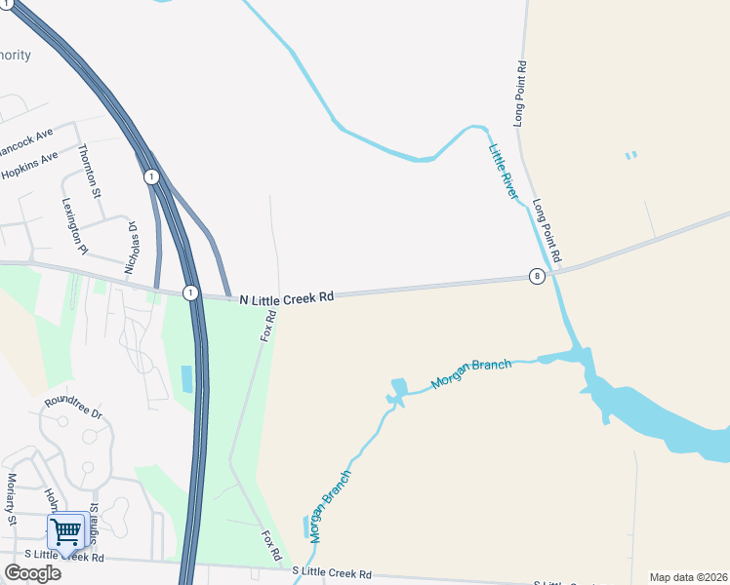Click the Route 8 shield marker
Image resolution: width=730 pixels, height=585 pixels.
pos(537,276)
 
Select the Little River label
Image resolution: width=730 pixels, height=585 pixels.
pos(504,172)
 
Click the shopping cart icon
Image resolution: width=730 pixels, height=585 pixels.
pos(65,532)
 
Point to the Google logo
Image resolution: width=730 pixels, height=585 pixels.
pos(32,572)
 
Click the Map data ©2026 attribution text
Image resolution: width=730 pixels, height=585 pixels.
pos(688,577)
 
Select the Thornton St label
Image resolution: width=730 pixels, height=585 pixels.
pos(89,170)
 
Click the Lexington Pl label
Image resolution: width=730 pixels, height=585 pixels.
pos(74,226)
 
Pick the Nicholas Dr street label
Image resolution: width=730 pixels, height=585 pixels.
pos(132,247)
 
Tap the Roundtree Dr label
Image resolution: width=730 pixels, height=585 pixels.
pos(73,407)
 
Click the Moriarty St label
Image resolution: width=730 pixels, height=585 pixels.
pos(13,498)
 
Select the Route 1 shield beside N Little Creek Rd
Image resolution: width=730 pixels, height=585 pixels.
pos(190,292)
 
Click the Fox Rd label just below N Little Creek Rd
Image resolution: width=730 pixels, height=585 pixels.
pos(269,325)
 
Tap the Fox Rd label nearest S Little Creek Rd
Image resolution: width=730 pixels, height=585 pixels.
pos(273,546)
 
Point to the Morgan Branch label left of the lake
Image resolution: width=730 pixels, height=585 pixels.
pos(471,373)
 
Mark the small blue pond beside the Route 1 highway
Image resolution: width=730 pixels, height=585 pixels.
pos(186,378)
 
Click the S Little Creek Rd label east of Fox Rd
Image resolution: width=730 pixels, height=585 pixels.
pos(332,573)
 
